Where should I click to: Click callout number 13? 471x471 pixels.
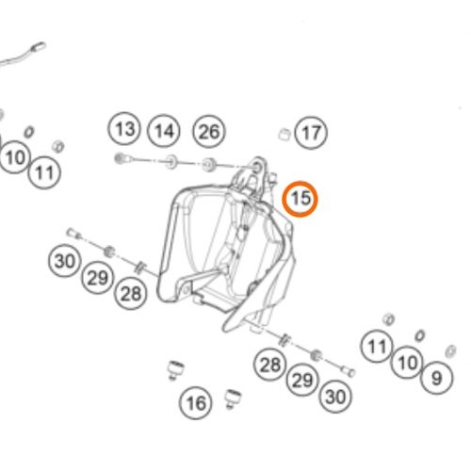124,128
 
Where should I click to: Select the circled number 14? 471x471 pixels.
164,131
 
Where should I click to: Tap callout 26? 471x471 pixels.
209,131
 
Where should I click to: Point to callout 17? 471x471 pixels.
311,133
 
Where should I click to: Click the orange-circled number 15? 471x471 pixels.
300,199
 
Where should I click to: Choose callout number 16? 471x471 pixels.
195,403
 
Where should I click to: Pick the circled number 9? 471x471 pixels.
437,378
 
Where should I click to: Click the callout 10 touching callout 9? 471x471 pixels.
407,363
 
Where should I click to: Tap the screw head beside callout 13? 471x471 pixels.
120,158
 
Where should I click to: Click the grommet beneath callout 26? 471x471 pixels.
207,165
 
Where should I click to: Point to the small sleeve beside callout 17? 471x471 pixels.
284,134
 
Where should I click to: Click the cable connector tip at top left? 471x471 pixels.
39,47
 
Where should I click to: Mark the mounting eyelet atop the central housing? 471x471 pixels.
258,168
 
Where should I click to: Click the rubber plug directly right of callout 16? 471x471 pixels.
233,398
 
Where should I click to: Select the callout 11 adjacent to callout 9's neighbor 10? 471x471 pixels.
377,347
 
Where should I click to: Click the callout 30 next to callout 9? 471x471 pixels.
335,397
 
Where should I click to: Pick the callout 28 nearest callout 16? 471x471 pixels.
269,365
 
